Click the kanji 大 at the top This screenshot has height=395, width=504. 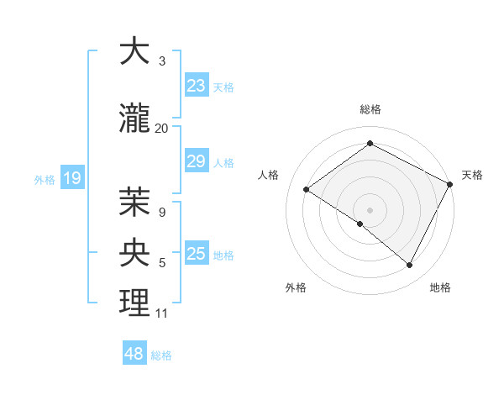point(134,52)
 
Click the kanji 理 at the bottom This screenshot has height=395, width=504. point(134,303)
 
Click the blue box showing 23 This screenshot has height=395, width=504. point(197,86)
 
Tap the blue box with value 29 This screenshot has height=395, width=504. point(197,162)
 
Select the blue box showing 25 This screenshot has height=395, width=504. point(197,254)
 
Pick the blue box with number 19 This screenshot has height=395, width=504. point(72,178)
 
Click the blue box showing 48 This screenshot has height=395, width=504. point(134,354)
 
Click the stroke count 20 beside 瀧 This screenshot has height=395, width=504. point(161,128)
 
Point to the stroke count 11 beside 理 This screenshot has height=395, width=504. point(161,313)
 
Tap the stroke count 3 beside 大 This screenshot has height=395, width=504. point(162,61)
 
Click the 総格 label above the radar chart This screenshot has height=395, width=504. point(370,109)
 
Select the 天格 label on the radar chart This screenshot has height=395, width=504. point(472,175)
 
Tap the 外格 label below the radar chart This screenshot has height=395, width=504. point(296,288)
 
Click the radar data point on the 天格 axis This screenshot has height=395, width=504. point(450,184)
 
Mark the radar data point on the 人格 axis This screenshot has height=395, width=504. point(307,189)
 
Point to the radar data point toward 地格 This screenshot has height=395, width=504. point(409,265)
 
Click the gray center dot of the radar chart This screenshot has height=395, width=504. point(370,209)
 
